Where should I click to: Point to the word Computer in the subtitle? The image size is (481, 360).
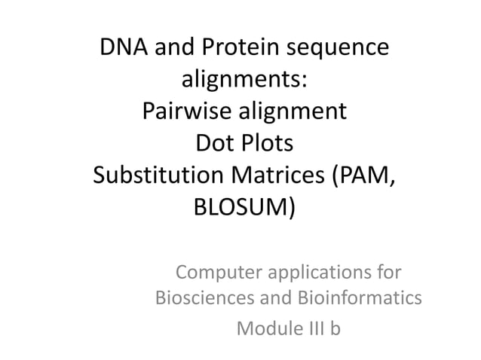tap(213, 270)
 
